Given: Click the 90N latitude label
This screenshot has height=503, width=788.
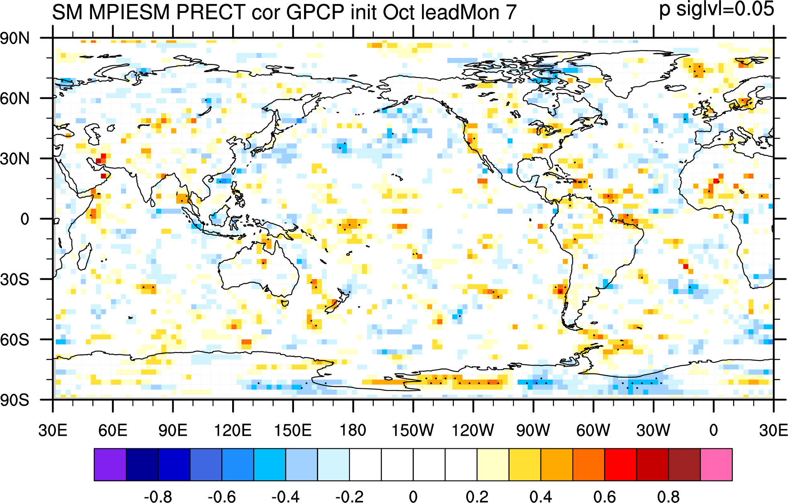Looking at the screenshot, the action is point(15,39).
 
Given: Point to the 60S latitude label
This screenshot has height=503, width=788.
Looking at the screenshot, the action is point(15,340).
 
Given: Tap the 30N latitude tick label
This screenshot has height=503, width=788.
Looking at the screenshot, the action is point(15,159).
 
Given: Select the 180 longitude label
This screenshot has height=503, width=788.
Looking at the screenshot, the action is point(353,430).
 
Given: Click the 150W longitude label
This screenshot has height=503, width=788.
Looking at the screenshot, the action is point(413,430).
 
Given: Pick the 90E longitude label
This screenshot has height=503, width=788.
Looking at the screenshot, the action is point(173,430).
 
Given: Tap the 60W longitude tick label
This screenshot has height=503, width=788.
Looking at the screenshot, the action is point(593,430).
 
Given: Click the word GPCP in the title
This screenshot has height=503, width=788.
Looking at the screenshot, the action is point(315,12).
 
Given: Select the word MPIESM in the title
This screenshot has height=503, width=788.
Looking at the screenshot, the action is point(130,12).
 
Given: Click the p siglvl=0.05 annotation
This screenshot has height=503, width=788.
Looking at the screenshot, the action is point(717,10).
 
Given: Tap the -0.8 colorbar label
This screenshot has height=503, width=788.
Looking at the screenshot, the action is point(158,497).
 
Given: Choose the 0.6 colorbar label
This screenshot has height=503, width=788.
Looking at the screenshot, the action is point(604,497).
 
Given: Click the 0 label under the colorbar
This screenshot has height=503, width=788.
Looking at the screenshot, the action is point(413,497).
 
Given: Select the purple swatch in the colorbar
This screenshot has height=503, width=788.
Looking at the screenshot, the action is point(110,465).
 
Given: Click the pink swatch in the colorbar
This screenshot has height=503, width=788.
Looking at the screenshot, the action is point(716,465).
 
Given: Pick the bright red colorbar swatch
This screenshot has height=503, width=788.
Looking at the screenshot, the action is point(621,465).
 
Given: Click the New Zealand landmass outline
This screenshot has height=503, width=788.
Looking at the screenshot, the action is point(336,300).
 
